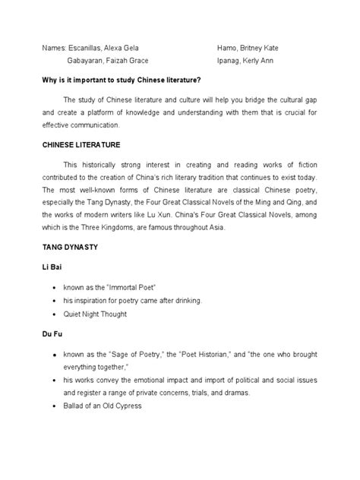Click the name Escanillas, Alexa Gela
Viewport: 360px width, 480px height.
(x=101, y=47)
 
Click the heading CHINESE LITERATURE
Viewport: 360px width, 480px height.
(x=81, y=143)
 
